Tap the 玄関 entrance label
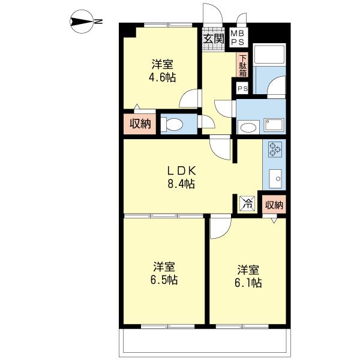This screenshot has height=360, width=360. click(212, 39)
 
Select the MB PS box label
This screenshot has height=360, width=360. click(238, 37)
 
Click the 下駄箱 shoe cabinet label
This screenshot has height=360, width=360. click(243, 64)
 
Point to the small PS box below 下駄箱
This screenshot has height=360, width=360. click(242, 88)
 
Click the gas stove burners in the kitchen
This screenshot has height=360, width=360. click(275, 149)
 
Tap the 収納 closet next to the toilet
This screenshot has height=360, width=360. click(140, 124)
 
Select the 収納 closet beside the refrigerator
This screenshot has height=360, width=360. click(274, 204)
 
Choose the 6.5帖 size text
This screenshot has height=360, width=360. click(164, 280)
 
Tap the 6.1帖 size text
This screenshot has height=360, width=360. click(248, 282)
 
